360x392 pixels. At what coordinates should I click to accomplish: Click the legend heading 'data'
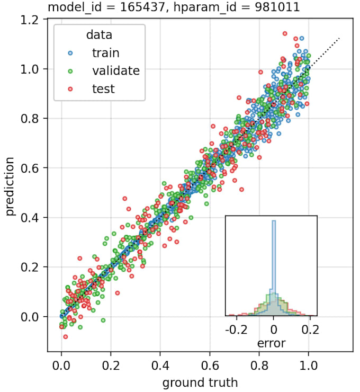point(99,35)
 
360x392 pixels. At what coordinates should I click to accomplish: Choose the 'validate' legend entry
point(115,70)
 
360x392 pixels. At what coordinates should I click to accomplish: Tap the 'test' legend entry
point(103,88)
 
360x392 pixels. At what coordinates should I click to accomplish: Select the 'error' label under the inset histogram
point(271,343)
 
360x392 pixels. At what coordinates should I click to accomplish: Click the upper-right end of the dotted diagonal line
point(339,38)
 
